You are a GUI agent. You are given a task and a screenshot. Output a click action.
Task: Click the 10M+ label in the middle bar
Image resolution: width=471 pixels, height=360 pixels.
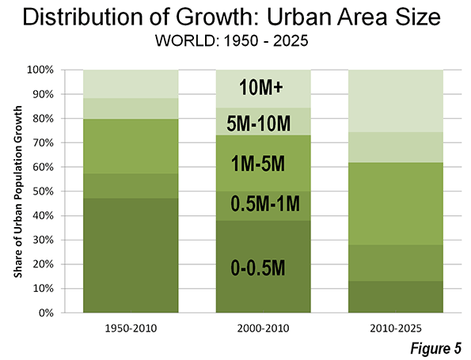pos(260,88)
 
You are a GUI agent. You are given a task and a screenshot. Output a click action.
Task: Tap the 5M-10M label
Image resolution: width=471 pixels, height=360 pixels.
pos(259,123)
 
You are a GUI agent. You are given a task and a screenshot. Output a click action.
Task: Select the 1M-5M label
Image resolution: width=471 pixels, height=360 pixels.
pos(258,164)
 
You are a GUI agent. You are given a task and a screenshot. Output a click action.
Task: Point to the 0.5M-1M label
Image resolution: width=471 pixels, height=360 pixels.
pos(265,203)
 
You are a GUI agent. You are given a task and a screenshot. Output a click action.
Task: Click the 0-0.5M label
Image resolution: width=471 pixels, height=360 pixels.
pos(258,267)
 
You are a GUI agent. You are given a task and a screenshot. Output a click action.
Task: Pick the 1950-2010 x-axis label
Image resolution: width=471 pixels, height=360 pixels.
pos(131,328)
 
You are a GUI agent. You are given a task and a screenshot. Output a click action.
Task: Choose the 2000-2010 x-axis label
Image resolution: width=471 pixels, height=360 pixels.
pos(263,328)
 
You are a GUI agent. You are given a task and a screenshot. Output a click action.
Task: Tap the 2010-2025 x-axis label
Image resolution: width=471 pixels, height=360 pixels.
pos(396,328)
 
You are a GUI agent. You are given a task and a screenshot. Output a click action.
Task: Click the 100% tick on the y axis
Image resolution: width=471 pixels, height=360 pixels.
pos(40,70)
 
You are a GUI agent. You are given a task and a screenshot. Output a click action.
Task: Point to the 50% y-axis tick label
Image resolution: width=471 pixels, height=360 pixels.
pos(43,191)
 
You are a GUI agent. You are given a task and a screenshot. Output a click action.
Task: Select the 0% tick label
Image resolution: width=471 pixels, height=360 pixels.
pos(46,313)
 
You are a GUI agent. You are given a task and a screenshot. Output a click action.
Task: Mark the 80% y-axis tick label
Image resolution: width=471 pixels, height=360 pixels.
pos(43,119)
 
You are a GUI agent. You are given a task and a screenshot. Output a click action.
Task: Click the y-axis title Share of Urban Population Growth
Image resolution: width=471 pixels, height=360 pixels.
pos(18,191)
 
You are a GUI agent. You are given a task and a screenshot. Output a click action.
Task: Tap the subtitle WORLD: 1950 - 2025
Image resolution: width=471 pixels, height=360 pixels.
pos(232,40)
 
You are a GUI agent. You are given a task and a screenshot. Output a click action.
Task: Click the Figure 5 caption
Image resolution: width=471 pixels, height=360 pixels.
pos(435,348)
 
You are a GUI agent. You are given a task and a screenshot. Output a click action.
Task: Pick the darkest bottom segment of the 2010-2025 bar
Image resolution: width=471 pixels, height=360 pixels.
pos(396,297)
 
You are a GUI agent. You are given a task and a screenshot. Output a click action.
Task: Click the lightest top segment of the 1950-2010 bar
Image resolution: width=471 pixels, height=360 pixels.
pos(131,84)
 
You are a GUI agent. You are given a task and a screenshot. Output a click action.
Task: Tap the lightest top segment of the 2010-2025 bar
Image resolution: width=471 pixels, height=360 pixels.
pos(396,101)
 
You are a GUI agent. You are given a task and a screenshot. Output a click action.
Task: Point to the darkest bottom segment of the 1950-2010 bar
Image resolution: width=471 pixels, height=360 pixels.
pos(131,256)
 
